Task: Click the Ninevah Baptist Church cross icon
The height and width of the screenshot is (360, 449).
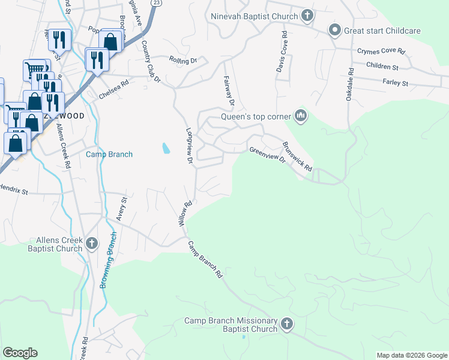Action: [307, 15]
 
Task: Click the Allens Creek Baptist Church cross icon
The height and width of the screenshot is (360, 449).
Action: [91, 244]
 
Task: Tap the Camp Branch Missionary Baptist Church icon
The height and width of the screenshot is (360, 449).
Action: [287, 324]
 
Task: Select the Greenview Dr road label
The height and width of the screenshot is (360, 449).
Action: [267, 155]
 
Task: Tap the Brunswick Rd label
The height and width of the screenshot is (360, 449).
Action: [297, 157]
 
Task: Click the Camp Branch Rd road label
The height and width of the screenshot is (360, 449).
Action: [205, 260]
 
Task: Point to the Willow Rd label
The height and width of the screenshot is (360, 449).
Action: [184, 213]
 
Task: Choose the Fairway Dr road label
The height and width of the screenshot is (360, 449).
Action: [228, 89]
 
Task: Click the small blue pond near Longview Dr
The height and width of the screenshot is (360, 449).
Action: [165, 147]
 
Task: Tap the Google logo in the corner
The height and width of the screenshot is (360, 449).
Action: [20, 353]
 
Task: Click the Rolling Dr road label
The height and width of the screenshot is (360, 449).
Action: [183, 61]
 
